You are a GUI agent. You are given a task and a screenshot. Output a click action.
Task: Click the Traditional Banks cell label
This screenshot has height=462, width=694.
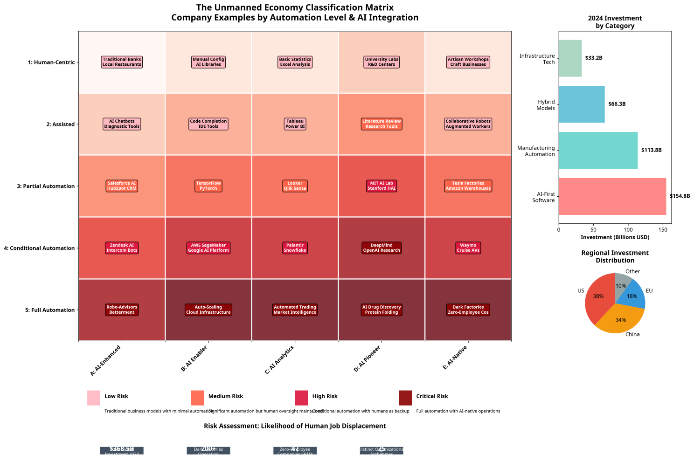coord(122,62)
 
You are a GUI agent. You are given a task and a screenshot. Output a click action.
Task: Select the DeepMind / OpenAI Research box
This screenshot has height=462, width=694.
coord(382,248)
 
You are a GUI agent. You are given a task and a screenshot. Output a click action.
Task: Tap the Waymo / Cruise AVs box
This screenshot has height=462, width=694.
coord(468,248)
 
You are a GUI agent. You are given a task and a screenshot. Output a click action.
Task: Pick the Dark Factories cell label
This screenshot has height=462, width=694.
coord(468,310)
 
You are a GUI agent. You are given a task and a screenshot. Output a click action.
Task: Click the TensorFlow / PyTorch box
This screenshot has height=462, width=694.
coord(208,186)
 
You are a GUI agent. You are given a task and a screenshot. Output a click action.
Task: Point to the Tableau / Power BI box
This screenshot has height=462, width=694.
coord(295,124)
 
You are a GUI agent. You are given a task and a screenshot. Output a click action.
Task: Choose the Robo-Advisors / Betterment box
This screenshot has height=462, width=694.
coord(122,310)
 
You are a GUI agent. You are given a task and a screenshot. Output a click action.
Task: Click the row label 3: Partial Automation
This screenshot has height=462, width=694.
coord(46,186)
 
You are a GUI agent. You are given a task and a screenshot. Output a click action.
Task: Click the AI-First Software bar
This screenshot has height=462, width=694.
coord(612,196)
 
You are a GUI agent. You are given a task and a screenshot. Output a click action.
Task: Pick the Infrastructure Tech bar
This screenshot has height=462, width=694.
coord(570,58)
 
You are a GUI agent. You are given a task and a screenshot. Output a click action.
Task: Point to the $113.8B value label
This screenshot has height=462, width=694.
coord(651,150)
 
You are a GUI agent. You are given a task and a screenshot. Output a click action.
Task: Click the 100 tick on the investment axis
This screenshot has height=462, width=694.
coord(628,230)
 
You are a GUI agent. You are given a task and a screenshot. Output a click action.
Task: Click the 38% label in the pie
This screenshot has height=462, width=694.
coord(598,296)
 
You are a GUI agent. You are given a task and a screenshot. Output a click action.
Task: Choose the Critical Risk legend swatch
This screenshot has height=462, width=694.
coord(405,398)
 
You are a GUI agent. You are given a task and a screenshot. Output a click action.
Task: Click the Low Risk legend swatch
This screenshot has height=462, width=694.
coord(94,398)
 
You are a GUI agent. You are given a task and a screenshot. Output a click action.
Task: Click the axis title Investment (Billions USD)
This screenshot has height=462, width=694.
coord(615,237)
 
